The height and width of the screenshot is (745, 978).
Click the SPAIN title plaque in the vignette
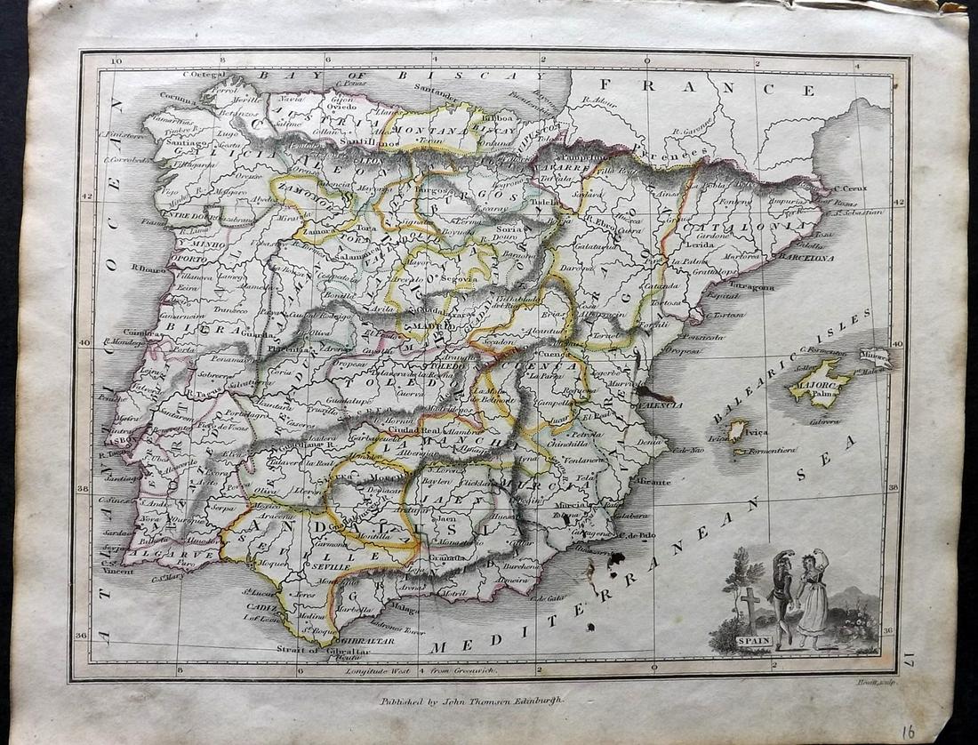754,640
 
